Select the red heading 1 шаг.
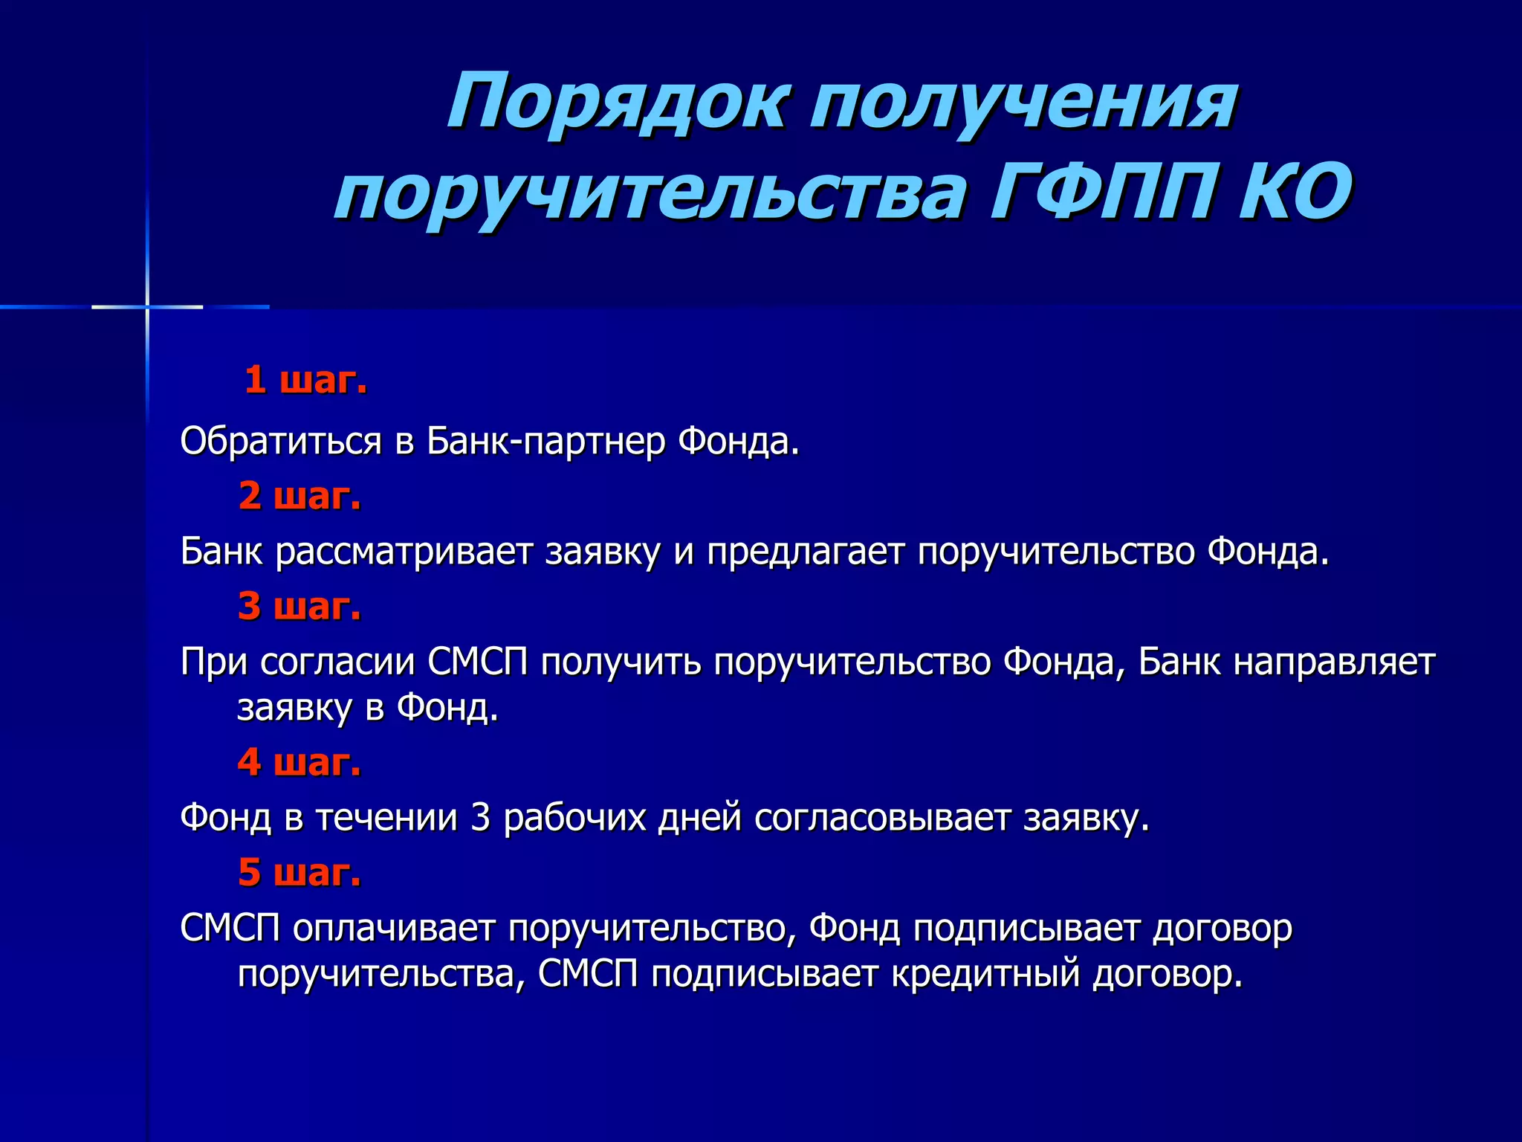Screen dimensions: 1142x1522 click(305, 380)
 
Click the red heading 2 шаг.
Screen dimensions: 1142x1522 click(299, 496)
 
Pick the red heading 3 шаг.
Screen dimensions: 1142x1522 click(299, 606)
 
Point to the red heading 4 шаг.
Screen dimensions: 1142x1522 click(299, 762)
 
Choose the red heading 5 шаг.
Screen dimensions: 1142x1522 click(299, 872)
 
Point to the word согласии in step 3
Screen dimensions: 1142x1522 click(337, 662)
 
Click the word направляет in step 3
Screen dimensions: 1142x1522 click(1334, 662)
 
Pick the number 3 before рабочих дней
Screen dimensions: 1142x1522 click(481, 818)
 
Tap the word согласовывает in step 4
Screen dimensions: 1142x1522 click(883, 818)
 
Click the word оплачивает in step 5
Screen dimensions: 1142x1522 click(394, 928)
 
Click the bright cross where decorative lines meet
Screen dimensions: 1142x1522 click(147, 306)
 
